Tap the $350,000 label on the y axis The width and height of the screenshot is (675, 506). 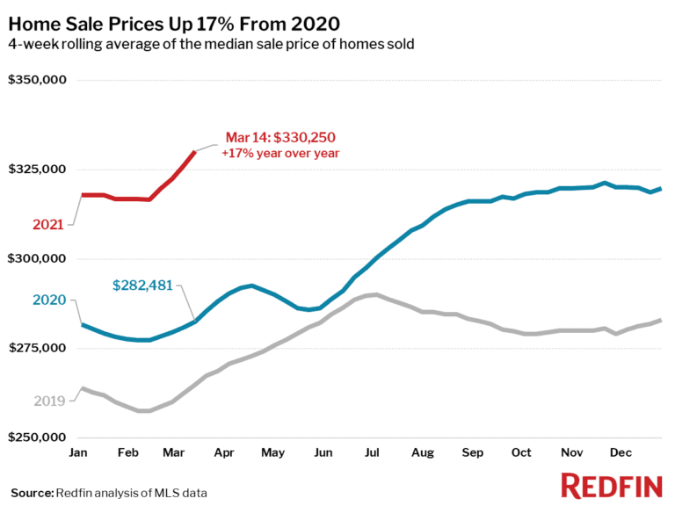pyautogui.click(x=37, y=81)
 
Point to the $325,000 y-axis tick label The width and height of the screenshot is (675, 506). pyautogui.click(x=37, y=170)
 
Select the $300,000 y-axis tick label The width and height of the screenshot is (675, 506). pyautogui.click(x=37, y=259)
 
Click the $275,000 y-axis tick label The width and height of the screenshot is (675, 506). pyautogui.click(x=37, y=348)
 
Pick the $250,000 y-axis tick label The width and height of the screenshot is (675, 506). pyautogui.click(x=37, y=437)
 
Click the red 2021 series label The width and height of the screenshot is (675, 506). pyautogui.click(x=48, y=225)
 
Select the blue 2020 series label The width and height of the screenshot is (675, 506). pyautogui.click(x=50, y=300)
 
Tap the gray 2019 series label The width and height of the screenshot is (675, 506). pyautogui.click(x=50, y=401)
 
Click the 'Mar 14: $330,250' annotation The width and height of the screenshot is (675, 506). pyautogui.click(x=280, y=137)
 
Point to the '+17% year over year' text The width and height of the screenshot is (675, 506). pyautogui.click(x=280, y=153)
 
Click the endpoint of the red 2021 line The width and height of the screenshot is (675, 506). pyautogui.click(x=194, y=152)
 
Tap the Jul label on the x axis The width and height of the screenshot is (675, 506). pyautogui.click(x=371, y=452)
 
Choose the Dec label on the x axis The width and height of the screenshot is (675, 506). pyautogui.click(x=621, y=452)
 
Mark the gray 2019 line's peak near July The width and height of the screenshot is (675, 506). pyautogui.click(x=375, y=294)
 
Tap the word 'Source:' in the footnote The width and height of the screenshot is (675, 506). pyautogui.click(x=32, y=493)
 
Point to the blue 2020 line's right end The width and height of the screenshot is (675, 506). pyautogui.click(x=661, y=189)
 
